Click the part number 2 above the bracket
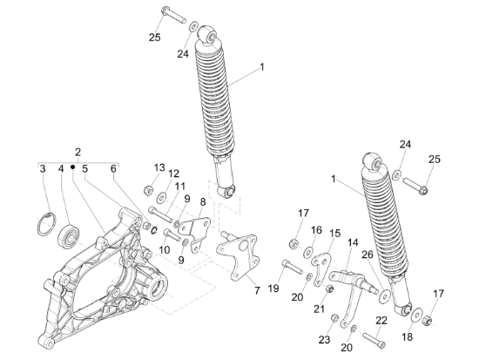click(78, 152)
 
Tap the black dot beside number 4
click(72, 166)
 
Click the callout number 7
click(257, 290)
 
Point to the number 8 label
click(203, 202)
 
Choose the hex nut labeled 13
click(148, 191)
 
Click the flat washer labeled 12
click(161, 198)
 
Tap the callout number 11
click(180, 186)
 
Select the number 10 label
click(165, 250)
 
